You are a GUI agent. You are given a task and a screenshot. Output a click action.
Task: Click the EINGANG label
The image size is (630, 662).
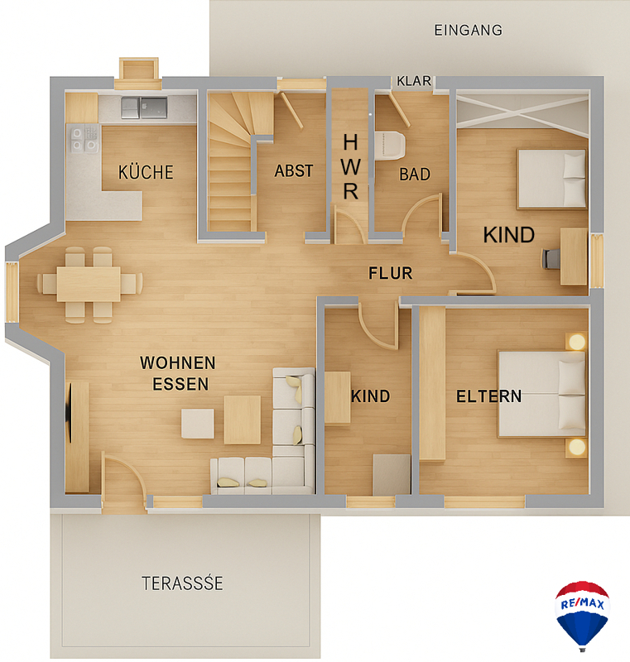(x=469, y=31)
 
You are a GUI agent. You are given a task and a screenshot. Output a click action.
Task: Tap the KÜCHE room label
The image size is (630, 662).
(x=146, y=172)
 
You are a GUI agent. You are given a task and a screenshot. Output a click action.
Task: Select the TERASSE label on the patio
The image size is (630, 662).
(x=182, y=583)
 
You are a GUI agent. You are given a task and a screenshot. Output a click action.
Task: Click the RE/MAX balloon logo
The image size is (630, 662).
(x=582, y=615)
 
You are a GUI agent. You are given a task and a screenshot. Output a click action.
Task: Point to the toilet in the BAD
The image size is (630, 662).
(x=390, y=146)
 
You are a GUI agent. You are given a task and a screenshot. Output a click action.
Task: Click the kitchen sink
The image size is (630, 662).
(x=144, y=108)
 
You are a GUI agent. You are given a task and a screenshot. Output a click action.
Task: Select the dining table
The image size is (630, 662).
(x=89, y=284)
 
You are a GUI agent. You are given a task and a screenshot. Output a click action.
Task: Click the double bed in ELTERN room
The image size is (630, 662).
(x=542, y=394)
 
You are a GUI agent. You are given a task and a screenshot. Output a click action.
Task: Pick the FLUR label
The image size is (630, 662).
(x=390, y=273)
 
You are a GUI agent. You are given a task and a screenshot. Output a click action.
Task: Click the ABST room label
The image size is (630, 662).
(x=294, y=171)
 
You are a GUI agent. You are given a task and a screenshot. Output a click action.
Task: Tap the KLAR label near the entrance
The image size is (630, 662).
(x=414, y=80)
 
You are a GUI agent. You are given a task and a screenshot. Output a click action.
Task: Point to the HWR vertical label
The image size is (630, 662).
(x=350, y=167)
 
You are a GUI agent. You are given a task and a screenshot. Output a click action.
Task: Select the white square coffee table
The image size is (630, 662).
(x=198, y=424)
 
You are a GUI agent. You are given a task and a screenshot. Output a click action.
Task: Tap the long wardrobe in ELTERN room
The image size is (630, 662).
(x=432, y=383)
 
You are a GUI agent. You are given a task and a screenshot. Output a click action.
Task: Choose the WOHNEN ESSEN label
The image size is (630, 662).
(x=178, y=373)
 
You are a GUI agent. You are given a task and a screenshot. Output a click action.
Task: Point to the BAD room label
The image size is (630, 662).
(x=415, y=175)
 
